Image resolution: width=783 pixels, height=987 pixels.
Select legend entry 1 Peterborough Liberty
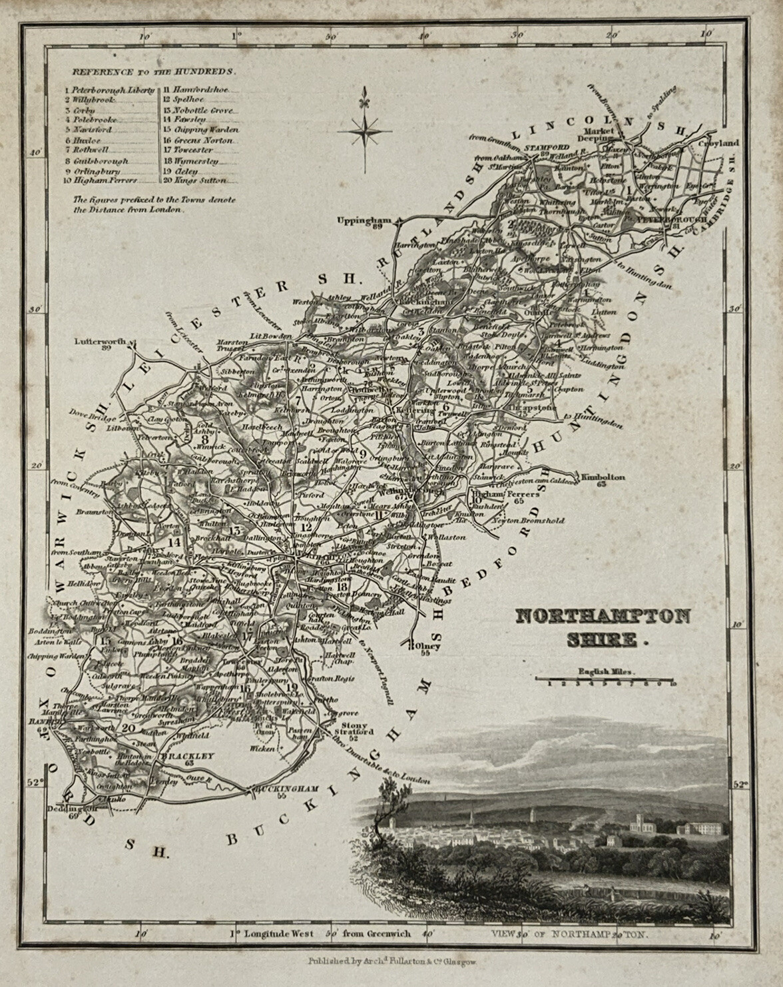[110, 89]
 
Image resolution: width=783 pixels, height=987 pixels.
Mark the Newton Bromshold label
[523, 520]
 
